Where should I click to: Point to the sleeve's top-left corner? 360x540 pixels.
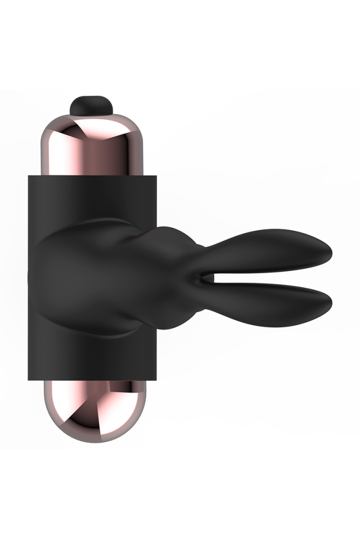30,175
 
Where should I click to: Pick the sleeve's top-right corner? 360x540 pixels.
157,175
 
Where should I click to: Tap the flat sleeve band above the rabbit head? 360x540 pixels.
92,200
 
